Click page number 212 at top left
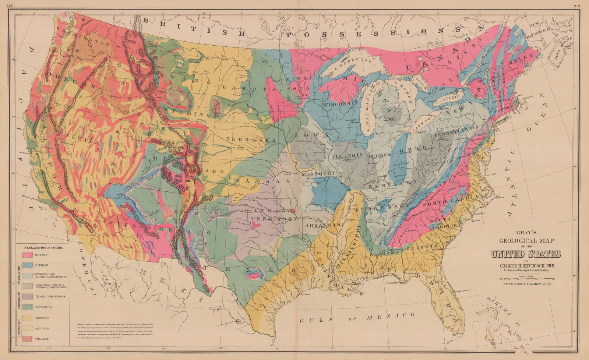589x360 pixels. click(x=5, y=5)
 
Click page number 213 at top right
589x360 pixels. click(x=584, y=5)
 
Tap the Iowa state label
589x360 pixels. click(x=311, y=135)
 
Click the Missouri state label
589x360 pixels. click(x=317, y=173)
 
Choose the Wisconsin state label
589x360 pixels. click(x=341, y=104)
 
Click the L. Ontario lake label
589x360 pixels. click(x=447, y=97)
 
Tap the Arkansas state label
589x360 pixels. click(x=321, y=225)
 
